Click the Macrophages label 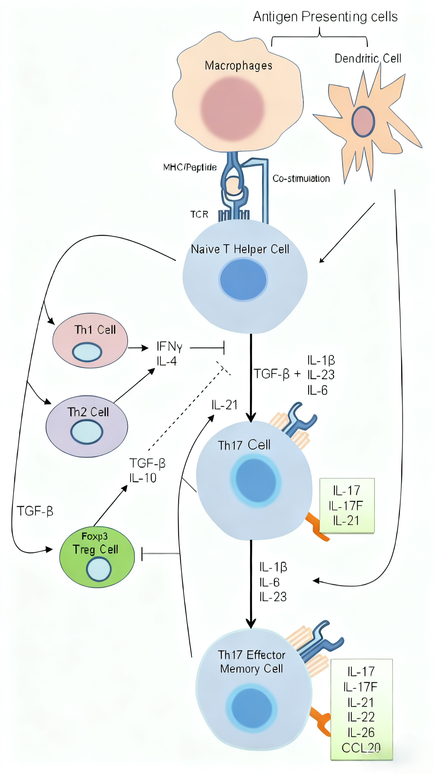(238, 65)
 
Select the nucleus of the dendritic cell (363, 121)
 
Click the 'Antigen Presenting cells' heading (325, 16)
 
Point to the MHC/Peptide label (190, 167)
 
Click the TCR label (199, 214)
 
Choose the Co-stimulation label (301, 179)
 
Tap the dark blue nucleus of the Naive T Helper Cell (243, 280)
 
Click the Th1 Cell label (95, 330)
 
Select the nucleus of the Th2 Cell (87, 432)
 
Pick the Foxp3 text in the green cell (95, 536)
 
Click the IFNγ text (169, 346)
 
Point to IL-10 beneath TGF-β (143, 478)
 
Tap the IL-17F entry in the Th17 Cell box (346, 506)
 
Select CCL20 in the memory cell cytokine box (361, 748)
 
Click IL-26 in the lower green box (361, 732)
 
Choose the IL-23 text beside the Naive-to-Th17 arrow (321, 375)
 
